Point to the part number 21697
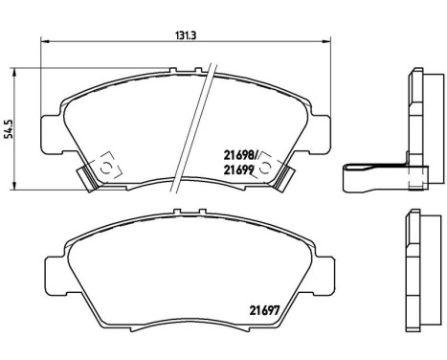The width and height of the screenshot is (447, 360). click(263, 307)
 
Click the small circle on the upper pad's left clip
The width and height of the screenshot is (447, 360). click(106, 168)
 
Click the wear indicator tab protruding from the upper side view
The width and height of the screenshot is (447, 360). click(368, 174)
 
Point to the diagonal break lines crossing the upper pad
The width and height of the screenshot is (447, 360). click(206, 105)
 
